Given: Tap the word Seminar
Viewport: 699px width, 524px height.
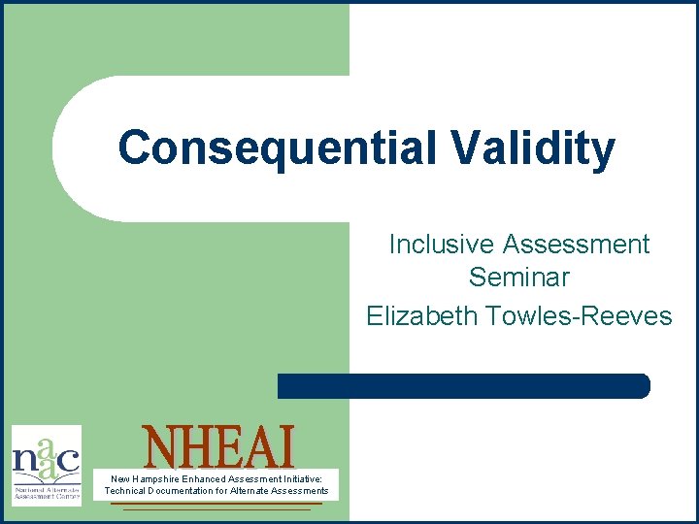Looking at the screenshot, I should (518, 278).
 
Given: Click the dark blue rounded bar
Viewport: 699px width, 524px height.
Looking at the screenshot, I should (463, 385).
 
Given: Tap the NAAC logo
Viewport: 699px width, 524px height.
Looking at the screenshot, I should (46, 465).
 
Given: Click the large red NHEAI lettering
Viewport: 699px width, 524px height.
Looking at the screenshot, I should (217, 447).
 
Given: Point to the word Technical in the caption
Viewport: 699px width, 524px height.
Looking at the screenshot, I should (125, 491).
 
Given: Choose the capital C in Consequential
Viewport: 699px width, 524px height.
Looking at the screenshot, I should (134, 148).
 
